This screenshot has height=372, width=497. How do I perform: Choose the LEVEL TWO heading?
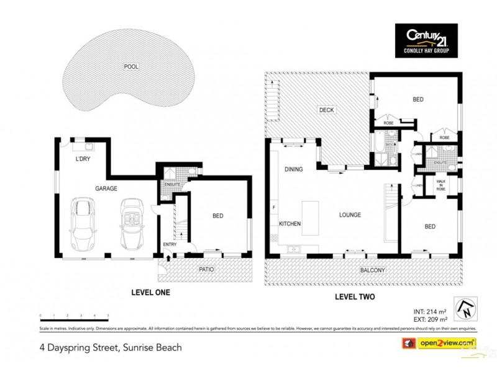[x=354, y=297]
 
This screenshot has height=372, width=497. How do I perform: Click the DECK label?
[x=326, y=110]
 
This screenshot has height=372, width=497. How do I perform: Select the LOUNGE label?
[x=349, y=215]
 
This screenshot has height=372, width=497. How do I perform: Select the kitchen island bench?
[x=311, y=218]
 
